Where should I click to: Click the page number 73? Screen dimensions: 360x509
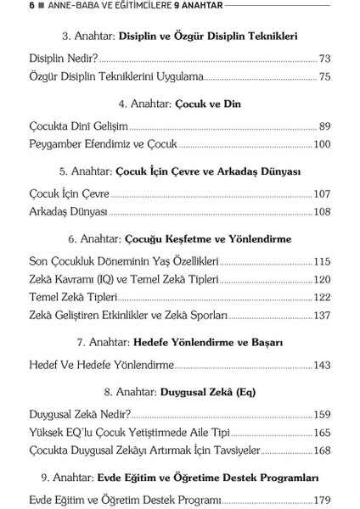click(x=324, y=59)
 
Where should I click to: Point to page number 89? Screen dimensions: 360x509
click(x=324, y=126)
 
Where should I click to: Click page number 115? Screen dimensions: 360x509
click(x=322, y=260)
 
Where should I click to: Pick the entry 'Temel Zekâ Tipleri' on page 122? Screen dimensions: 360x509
click(x=73, y=297)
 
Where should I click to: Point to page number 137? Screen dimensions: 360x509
click(x=322, y=315)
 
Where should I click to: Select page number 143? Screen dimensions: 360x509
click(x=322, y=365)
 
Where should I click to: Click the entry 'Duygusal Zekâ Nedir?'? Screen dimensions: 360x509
click(x=80, y=415)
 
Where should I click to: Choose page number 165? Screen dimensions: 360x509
click(x=322, y=432)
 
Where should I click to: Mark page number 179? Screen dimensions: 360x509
click(x=322, y=500)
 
